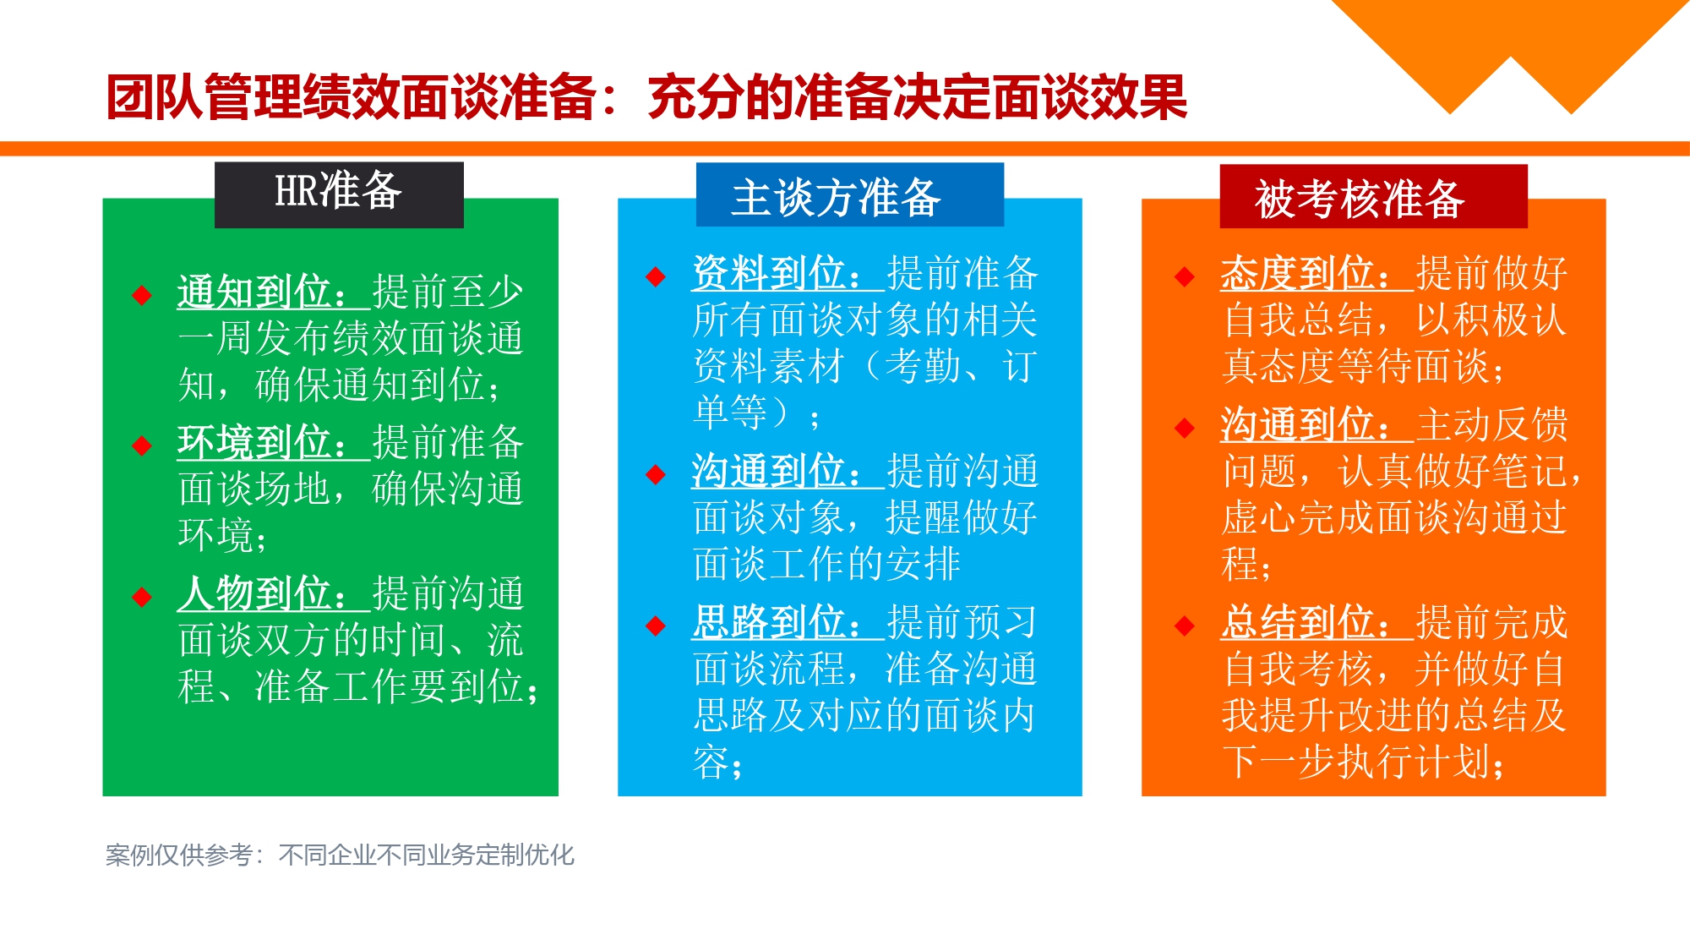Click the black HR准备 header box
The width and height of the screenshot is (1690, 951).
[x=339, y=194]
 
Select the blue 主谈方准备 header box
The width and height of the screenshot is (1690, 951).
[x=849, y=196]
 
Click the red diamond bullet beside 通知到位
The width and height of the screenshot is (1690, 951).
[x=142, y=295]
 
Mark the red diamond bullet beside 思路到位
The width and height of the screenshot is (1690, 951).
[x=656, y=626]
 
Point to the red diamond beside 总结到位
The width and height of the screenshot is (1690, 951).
[x=1185, y=626]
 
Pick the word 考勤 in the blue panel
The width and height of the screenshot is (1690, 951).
[x=923, y=366]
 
